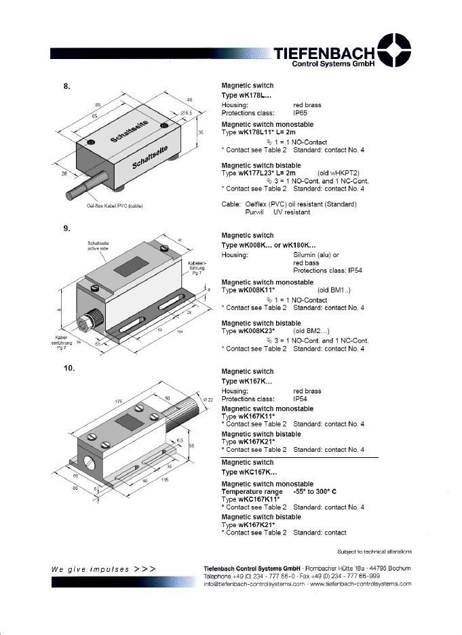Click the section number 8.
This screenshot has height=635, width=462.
[x=67, y=85]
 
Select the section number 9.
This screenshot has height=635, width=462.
[x=67, y=229]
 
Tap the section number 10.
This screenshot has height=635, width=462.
[x=69, y=368]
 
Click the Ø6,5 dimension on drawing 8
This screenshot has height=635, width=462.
[x=187, y=112]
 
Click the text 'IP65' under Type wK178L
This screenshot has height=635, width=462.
[x=301, y=113]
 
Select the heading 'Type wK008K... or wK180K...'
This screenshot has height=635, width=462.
[x=269, y=245]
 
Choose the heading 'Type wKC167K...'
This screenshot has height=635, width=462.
[x=249, y=472]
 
